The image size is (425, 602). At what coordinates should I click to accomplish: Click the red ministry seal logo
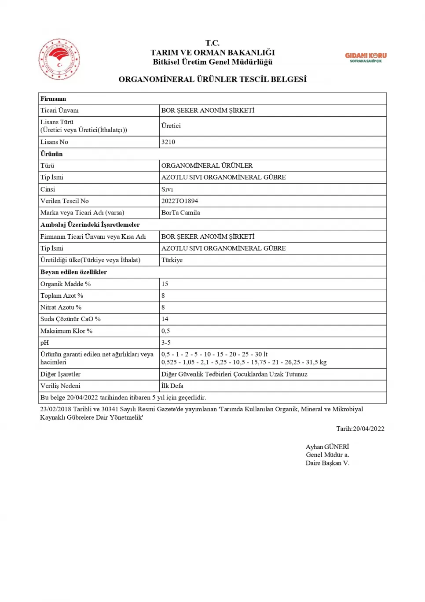[59, 59]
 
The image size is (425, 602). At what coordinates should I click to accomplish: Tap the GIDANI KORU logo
[366, 57]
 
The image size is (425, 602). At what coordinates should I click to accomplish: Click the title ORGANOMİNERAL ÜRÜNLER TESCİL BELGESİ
[212, 79]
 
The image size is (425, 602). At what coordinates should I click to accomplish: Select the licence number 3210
[168, 142]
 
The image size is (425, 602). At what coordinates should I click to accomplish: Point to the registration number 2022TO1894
[180, 201]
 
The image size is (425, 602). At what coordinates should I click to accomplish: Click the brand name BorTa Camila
[180, 213]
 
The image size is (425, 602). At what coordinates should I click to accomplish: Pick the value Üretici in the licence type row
[171, 126]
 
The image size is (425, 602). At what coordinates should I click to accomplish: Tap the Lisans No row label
[54, 142]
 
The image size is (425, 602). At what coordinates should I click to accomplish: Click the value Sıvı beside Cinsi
[167, 189]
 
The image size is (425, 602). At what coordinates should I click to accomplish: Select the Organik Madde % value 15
[165, 284]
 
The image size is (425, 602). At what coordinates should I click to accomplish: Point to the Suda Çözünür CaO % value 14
[165, 319]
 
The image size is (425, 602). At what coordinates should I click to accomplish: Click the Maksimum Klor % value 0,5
[165, 331]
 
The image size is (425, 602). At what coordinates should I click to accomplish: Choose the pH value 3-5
[166, 343]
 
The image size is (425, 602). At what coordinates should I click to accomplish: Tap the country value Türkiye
[172, 260]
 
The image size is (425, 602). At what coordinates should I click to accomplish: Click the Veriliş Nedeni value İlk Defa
[172, 386]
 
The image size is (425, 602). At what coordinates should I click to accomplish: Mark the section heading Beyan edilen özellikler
[73, 272]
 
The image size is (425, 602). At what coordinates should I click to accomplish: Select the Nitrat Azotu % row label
[61, 307]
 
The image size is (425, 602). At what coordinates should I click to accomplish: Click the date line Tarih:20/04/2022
[360, 428]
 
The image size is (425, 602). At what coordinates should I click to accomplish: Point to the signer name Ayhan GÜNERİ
[327, 447]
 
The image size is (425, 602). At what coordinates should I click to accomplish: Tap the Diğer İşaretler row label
[60, 374]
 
